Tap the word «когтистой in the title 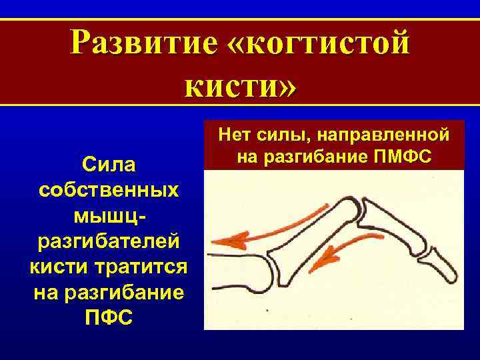tap(323, 43)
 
